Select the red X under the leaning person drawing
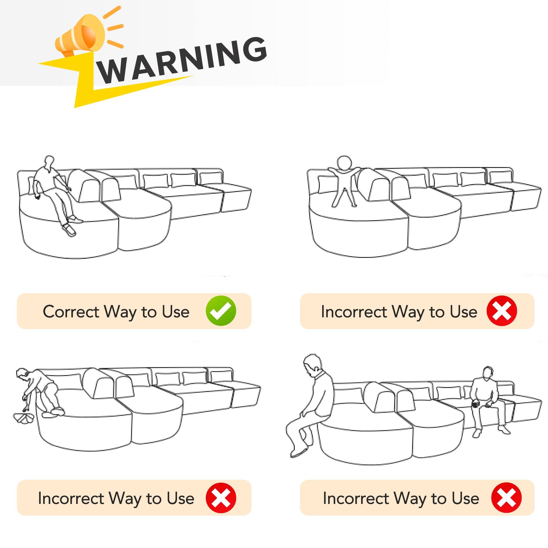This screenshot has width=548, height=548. (x=221, y=498)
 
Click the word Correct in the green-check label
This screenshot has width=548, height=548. (x=71, y=312)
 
